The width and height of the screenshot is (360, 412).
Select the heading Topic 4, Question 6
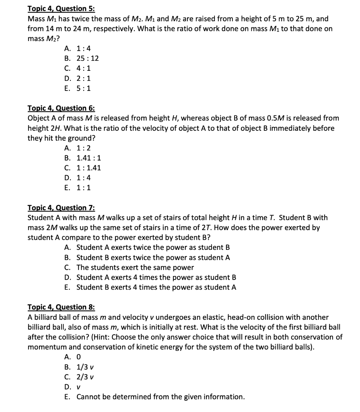coord(61,108)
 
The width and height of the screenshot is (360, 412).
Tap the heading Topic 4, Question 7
coord(61,208)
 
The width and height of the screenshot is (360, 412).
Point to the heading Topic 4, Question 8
coord(61,307)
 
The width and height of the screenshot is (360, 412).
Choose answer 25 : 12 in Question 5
coord(87,58)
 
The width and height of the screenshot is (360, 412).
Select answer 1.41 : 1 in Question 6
coord(88,158)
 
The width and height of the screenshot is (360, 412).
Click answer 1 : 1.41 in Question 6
coord(88,168)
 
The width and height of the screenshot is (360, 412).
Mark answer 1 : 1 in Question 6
coord(83,187)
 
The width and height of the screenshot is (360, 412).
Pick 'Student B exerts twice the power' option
coord(153,257)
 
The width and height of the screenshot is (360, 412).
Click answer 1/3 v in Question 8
coord(85,367)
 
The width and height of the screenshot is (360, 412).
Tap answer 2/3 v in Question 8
coord(85,377)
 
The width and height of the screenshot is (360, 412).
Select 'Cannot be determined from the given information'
coord(160,397)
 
